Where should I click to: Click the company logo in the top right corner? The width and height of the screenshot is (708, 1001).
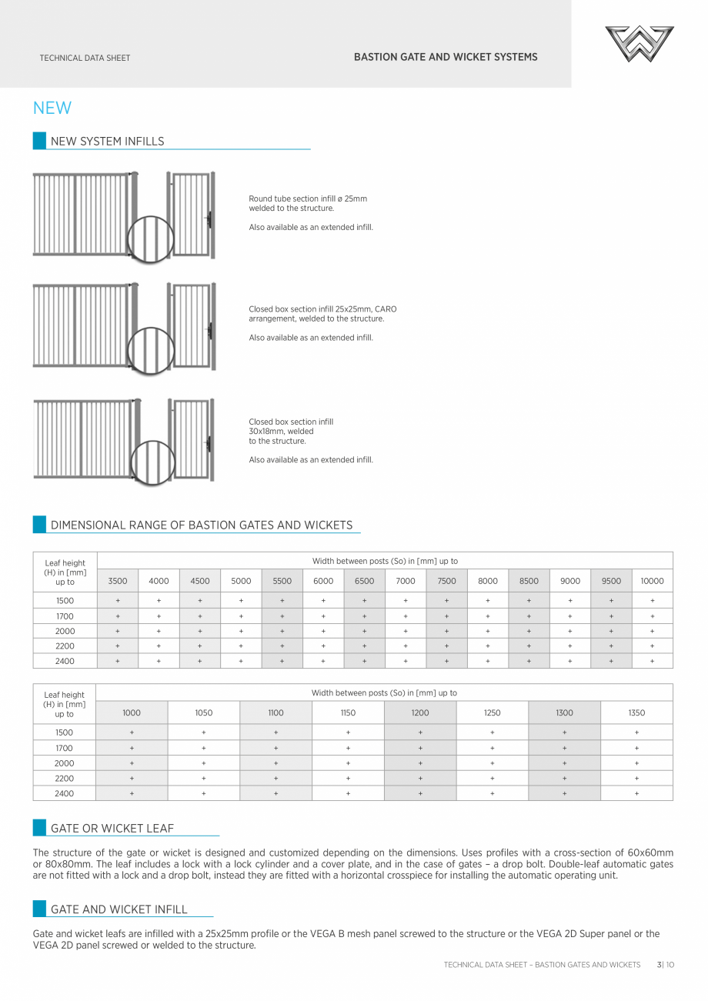point(639,44)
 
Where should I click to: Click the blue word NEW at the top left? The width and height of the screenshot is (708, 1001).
point(52,108)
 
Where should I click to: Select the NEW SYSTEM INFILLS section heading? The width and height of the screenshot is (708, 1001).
point(107,142)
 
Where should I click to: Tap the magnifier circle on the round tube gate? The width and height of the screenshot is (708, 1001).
point(151,239)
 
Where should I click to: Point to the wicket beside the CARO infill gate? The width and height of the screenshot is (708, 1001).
point(192,326)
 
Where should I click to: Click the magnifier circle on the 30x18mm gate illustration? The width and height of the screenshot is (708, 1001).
point(152,462)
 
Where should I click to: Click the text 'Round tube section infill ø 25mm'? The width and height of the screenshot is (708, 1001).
point(308,199)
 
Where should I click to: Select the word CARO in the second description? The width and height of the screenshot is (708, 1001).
point(386,309)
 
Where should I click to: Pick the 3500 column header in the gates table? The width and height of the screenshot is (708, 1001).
point(118,581)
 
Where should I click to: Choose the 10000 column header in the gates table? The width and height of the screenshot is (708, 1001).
point(652,581)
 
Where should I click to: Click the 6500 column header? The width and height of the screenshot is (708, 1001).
point(364,581)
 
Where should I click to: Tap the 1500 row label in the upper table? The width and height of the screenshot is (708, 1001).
point(65,601)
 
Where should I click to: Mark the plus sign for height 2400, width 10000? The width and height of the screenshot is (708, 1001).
point(652,661)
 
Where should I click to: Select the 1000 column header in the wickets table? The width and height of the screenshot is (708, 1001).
point(132,713)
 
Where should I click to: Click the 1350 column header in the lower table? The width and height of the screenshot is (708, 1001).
point(636,713)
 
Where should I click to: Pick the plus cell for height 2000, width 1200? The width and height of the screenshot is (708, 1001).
point(420,763)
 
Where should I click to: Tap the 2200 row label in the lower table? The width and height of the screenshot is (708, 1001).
point(65,778)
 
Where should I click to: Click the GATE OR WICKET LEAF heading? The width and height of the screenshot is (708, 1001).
point(112,829)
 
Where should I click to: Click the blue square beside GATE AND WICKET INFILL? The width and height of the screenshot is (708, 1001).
point(39,909)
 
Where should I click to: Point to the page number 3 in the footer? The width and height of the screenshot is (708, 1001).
point(660,965)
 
